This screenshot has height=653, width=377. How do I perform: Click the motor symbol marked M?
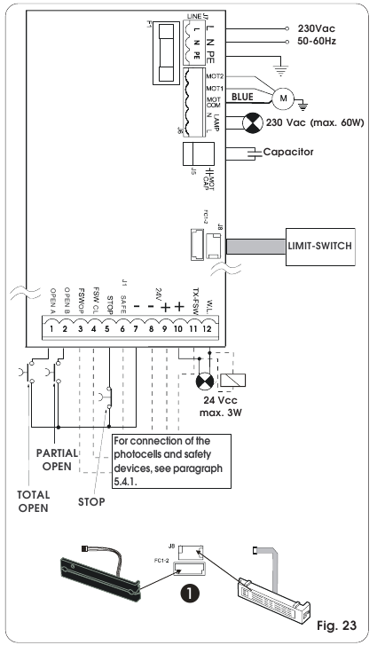pos(283,95)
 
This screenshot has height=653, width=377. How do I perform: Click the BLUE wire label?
pos(243,96)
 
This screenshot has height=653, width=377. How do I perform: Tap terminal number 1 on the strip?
pos(52,330)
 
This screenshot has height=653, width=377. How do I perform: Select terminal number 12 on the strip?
pos(208,330)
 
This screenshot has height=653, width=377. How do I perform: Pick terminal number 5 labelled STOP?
pos(109,330)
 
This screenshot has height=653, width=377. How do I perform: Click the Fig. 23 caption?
pos(337,626)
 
